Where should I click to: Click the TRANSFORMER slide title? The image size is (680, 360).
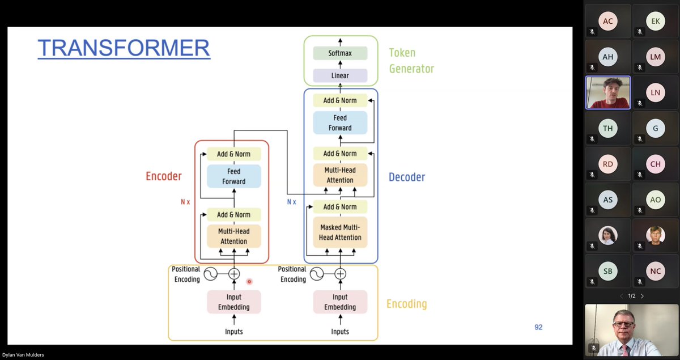[x=124, y=48]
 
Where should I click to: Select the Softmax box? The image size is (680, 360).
[x=340, y=53]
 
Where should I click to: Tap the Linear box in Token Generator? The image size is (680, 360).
[x=340, y=75]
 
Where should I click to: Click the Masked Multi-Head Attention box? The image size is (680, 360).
[x=340, y=232]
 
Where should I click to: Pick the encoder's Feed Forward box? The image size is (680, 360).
[x=233, y=176]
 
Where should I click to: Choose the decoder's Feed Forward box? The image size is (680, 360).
[x=340, y=123]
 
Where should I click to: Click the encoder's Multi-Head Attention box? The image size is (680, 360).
[x=233, y=236]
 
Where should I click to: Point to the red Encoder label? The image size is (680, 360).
[x=164, y=176]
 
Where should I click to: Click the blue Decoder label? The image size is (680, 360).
[x=406, y=177]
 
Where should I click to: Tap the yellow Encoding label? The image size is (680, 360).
[x=406, y=304]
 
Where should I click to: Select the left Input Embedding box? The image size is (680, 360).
[x=233, y=302]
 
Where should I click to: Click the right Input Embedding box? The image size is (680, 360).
[x=340, y=302]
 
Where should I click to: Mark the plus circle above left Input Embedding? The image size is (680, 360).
[x=234, y=274]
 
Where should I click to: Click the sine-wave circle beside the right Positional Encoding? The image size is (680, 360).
[x=316, y=274]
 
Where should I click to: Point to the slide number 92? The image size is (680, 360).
[x=538, y=327]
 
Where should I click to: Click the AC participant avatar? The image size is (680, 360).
[x=608, y=22]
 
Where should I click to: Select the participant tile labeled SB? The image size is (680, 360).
[x=608, y=271]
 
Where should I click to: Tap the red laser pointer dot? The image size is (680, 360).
[x=249, y=281]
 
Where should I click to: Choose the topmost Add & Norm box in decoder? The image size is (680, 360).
[x=340, y=100]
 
